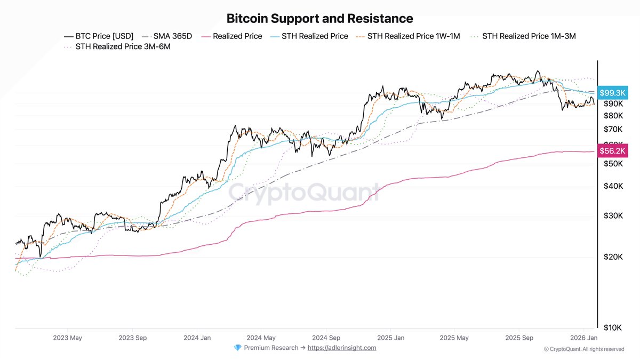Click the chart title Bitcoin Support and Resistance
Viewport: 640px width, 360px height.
pos(319,19)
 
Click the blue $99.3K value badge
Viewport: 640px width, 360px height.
pos(612,93)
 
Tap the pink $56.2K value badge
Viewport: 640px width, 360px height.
pos(612,151)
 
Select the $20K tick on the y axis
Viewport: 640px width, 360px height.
pos(613,257)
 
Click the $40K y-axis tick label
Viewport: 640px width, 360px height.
pos(613,186)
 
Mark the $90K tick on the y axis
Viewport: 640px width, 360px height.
pos(613,103)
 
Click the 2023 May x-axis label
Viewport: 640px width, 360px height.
pos(68,338)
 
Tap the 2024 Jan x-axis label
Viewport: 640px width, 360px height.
pos(197,338)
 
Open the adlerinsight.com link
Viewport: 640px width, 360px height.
pos(342,348)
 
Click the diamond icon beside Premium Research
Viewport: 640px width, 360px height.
pos(238,348)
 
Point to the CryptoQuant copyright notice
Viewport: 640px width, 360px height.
pos(584,349)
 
